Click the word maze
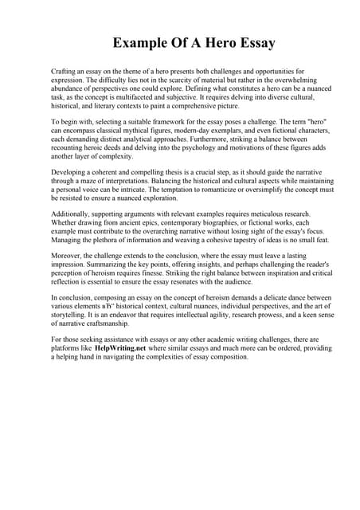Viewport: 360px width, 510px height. point(92,182)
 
